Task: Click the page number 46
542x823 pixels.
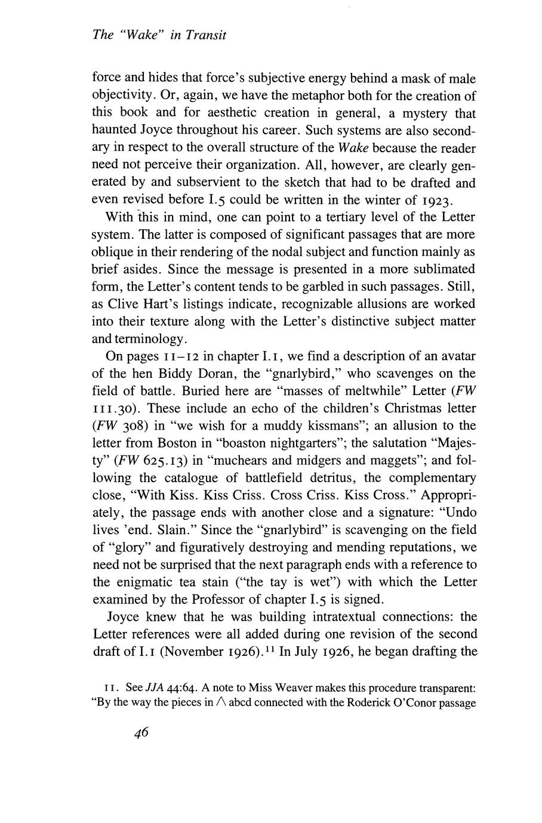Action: (141, 734)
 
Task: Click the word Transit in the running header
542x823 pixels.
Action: (206, 35)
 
